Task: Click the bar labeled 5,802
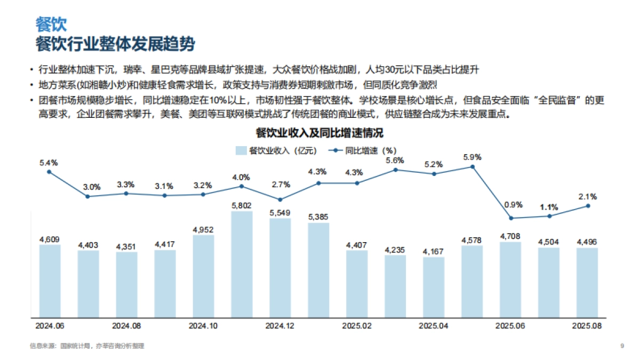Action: (242, 263)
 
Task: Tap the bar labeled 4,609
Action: (50, 280)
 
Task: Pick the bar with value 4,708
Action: (510, 279)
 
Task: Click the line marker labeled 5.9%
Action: (473, 167)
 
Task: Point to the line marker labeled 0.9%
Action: (511, 218)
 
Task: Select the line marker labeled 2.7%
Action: (280, 199)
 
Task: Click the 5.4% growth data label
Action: (49, 162)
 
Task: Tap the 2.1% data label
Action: (588, 196)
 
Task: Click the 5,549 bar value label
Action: (280, 212)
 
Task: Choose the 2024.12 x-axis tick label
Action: (280, 325)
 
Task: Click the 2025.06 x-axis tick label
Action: (510, 325)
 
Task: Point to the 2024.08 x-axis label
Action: (126, 325)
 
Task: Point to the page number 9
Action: (622, 346)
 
